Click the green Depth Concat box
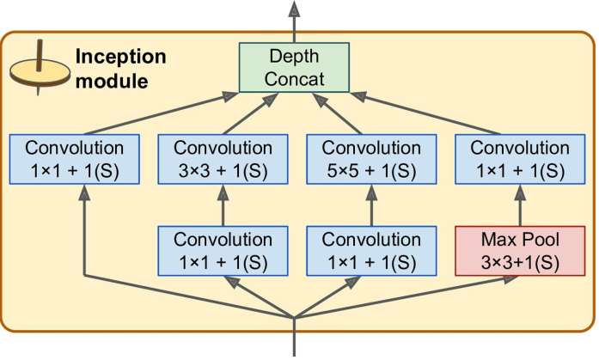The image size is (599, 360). pyautogui.click(x=295, y=66)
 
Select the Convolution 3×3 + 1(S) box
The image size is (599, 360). pyautogui.click(x=223, y=158)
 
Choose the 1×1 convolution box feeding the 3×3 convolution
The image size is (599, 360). pyautogui.click(x=223, y=250)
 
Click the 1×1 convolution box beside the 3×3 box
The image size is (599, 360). pyautogui.click(x=75, y=158)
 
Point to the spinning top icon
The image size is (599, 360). pyautogui.click(x=39, y=67)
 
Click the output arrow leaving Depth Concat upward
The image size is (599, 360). pyautogui.click(x=295, y=21)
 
